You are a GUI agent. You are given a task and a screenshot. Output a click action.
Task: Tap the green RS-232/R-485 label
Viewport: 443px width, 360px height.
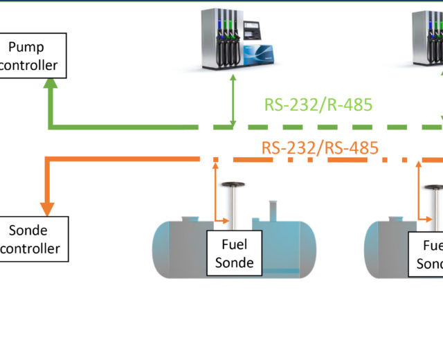318,105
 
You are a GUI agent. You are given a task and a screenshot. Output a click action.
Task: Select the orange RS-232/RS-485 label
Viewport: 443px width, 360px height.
320,147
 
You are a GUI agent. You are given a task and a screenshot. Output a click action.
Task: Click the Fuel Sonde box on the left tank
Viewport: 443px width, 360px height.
234,253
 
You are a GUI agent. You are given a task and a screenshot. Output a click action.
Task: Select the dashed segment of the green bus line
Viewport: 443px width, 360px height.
325,127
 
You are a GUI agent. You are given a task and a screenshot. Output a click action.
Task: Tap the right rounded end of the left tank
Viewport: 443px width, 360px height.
309,245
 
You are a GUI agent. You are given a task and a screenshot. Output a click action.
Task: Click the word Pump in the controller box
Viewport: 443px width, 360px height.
26,46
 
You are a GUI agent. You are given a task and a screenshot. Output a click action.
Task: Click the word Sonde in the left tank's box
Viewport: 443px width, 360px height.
234,262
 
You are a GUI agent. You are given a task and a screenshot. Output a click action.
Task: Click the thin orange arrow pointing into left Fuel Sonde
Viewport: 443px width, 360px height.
222,222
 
